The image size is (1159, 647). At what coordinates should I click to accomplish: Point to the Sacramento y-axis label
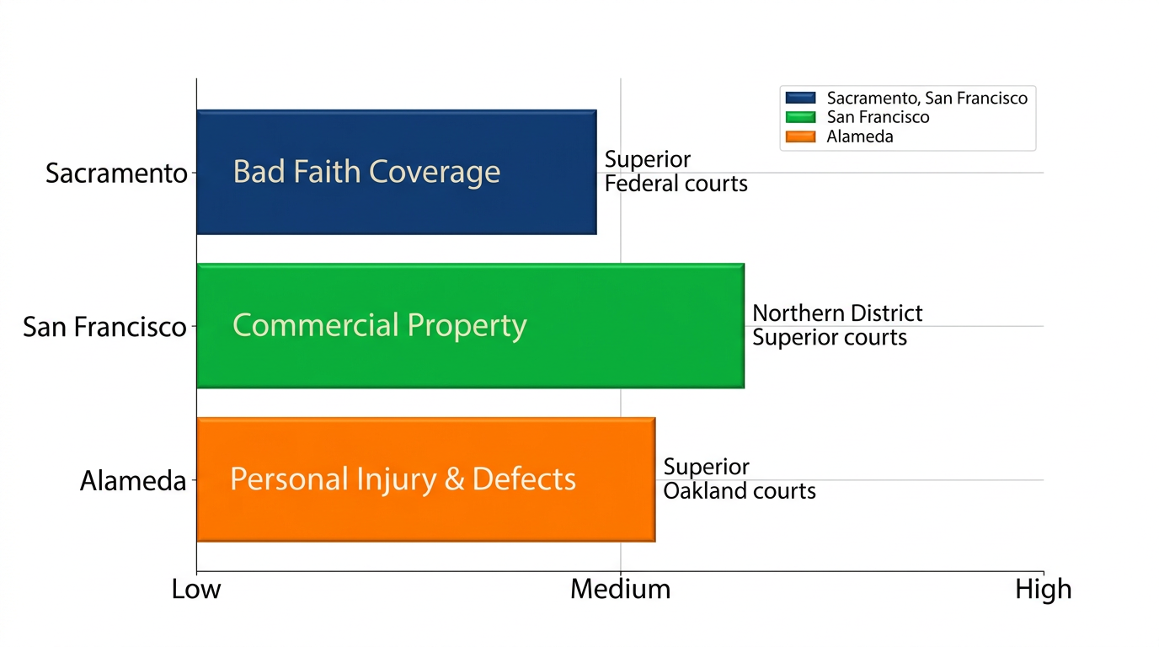pyautogui.click(x=116, y=174)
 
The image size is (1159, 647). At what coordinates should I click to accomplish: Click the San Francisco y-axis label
pyautogui.click(x=104, y=327)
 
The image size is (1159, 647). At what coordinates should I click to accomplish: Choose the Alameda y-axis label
pyautogui.click(x=133, y=481)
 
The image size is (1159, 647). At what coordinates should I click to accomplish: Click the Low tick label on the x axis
pyautogui.click(x=196, y=589)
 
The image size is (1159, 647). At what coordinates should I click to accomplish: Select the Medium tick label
pyautogui.click(x=621, y=589)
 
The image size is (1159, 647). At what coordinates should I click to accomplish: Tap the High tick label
pyautogui.click(x=1043, y=589)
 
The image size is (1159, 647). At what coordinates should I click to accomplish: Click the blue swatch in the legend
pyautogui.click(x=798, y=99)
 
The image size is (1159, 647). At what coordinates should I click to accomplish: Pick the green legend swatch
pyautogui.click(x=798, y=118)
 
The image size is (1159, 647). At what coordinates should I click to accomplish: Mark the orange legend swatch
pyautogui.click(x=798, y=136)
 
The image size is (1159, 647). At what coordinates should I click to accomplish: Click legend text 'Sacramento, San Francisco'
pyautogui.click(x=927, y=99)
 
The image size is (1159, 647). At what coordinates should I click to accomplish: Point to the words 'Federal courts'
pyautogui.click(x=676, y=184)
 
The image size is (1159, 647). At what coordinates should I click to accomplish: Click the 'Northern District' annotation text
pyautogui.click(x=837, y=313)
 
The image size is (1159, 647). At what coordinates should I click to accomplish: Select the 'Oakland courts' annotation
pyautogui.click(x=740, y=491)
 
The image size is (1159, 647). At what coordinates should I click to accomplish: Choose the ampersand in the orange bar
pyautogui.click(x=454, y=479)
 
